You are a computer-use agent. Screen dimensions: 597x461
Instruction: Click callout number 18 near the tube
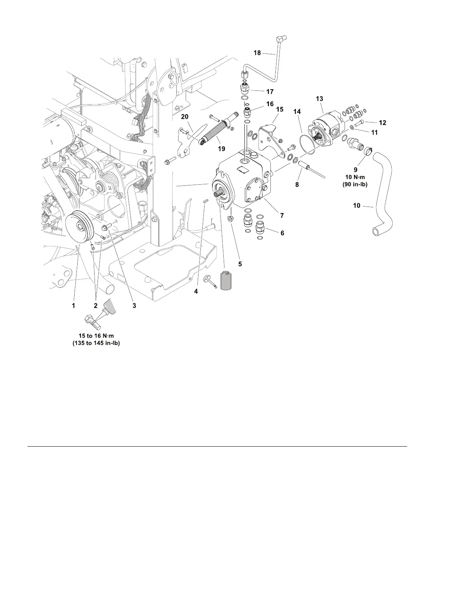[257, 53]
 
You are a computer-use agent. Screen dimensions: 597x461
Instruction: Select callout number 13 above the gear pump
[319, 99]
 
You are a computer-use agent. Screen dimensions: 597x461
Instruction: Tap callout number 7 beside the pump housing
[282, 216]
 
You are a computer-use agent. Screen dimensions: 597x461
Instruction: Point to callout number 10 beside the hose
[356, 206]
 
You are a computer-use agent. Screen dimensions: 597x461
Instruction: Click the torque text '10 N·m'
[356, 178]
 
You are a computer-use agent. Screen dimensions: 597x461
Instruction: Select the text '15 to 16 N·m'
[96, 336]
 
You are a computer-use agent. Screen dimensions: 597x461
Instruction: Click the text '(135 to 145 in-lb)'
[96, 343]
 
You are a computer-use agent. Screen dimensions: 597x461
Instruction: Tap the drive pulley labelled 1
[79, 228]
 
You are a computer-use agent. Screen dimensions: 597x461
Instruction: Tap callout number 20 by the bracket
[185, 117]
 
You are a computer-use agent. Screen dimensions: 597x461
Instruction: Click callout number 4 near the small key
[196, 291]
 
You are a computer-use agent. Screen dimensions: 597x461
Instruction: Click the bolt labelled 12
[359, 122]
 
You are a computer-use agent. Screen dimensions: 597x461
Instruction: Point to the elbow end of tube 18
[281, 38]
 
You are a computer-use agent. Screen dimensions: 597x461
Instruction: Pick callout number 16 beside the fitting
[270, 104]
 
